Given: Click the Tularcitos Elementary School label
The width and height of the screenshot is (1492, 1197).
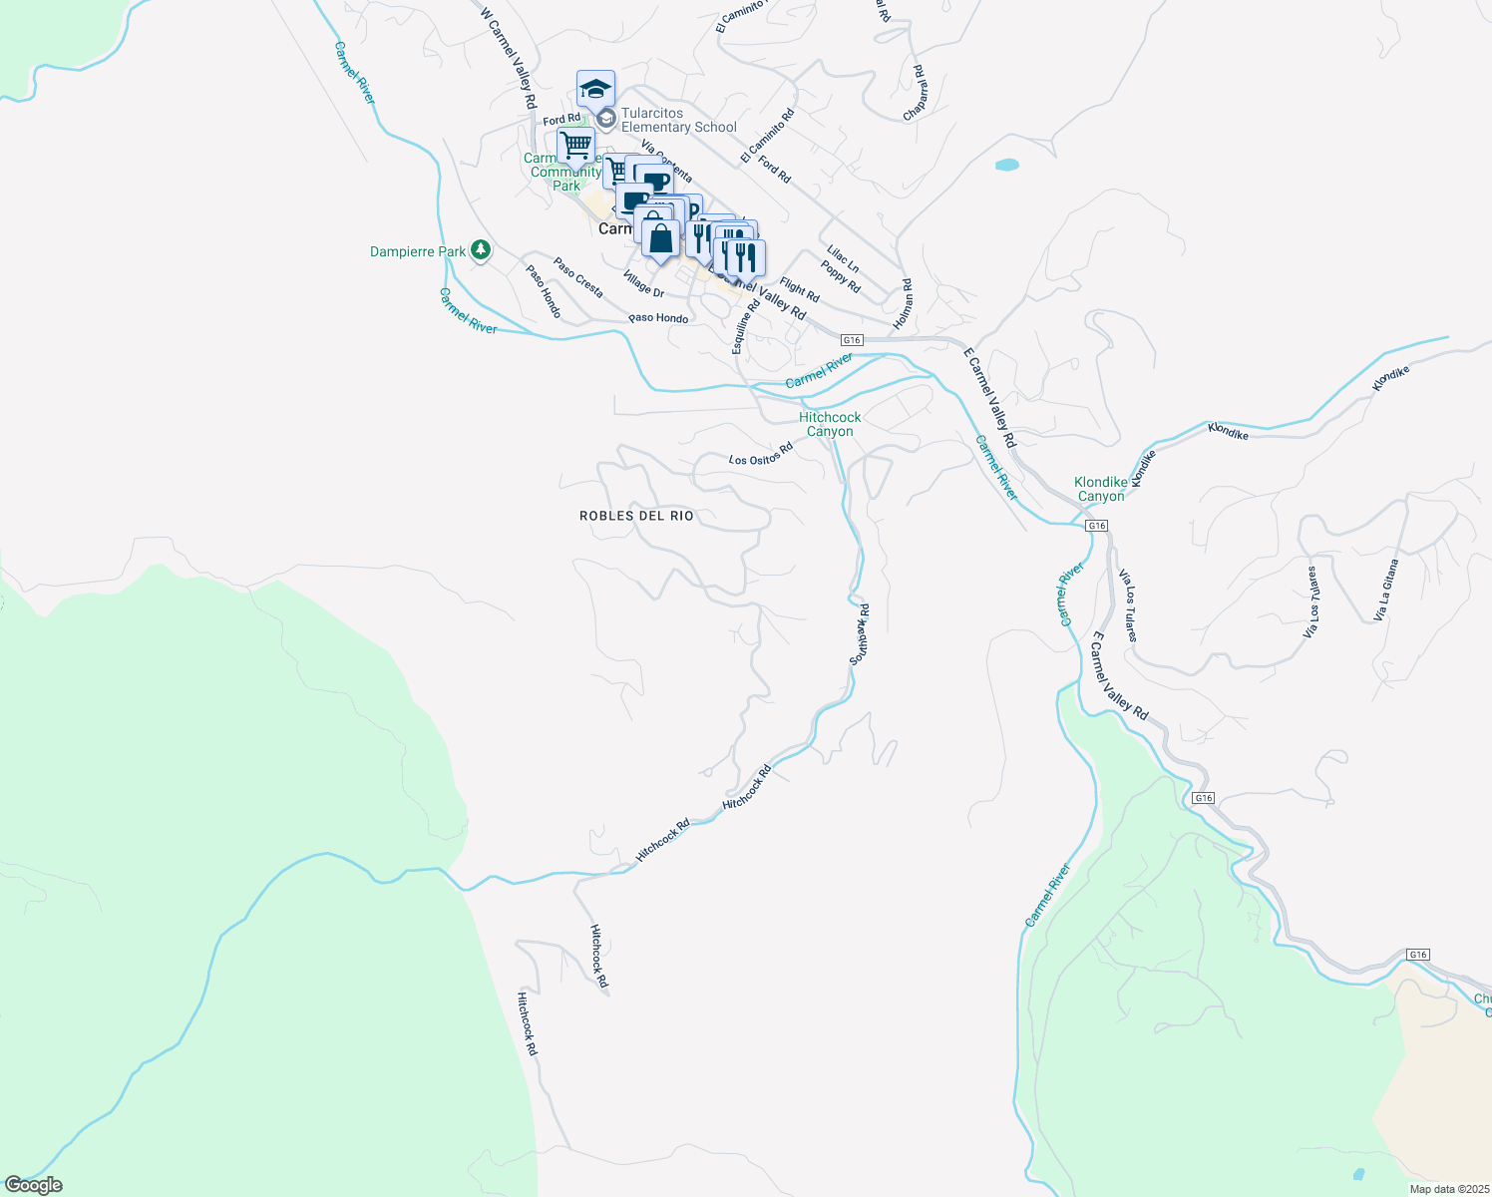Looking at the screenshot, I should pyautogui.click(x=678, y=121).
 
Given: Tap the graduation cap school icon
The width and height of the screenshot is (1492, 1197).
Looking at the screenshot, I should pyautogui.click(x=595, y=90).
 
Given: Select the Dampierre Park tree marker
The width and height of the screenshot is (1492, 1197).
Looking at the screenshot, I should pyautogui.click(x=481, y=250).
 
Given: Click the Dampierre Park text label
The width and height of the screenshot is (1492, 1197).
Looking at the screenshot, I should pyautogui.click(x=417, y=251).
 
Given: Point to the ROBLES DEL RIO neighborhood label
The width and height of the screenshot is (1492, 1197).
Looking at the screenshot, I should pyautogui.click(x=636, y=516).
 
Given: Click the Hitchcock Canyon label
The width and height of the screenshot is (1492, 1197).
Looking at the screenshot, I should pyautogui.click(x=830, y=424).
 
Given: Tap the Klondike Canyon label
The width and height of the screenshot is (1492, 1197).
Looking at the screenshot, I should pyautogui.click(x=1100, y=489).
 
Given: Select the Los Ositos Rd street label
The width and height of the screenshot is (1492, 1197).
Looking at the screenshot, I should pyautogui.click(x=760, y=455).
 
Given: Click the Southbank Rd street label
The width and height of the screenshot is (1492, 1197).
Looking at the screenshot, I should pyautogui.click(x=860, y=633).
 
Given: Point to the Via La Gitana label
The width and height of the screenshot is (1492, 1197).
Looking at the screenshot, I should pyautogui.click(x=1385, y=590).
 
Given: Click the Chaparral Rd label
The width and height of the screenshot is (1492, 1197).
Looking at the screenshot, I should pyautogui.click(x=915, y=94).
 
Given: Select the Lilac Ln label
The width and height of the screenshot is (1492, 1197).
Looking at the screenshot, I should pyautogui.click(x=843, y=259).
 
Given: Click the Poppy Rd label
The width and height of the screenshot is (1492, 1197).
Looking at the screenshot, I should pyautogui.click(x=840, y=276).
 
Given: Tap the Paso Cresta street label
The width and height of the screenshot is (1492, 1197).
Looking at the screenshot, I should pyautogui.click(x=578, y=278).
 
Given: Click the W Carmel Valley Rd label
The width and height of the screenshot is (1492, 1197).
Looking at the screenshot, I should pyautogui.click(x=509, y=59).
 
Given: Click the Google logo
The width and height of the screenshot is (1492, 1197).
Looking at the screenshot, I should pyautogui.click(x=33, y=1185).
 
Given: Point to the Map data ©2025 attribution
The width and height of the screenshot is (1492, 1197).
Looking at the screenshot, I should pyautogui.click(x=1448, y=1189).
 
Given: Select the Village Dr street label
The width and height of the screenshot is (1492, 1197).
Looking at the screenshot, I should pyautogui.click(x=643, y=284).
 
